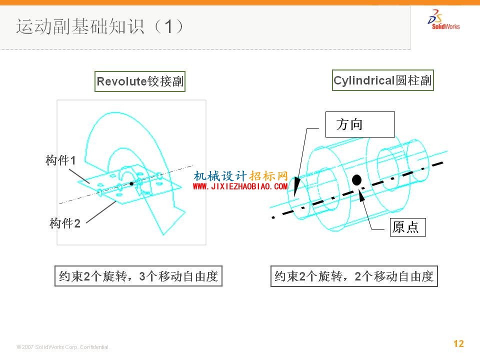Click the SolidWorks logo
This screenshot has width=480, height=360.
click(443, 19)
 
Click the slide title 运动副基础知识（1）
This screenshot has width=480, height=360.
click(100, 26)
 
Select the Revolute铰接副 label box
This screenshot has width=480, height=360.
click(140, 81)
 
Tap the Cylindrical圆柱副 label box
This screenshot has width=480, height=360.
click(382, 80)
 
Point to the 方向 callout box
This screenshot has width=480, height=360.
click(360, 124)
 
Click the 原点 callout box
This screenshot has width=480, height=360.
click(408, 227)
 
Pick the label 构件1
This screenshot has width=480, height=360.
click(60, 160)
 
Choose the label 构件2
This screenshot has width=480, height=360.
click(65, 223)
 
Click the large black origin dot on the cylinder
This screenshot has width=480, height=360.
click(356, 180)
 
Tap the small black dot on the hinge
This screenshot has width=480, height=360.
click(131, 183)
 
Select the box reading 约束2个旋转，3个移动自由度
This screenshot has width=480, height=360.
click(138, 276)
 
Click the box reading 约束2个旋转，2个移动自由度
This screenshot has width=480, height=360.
click(354, 276)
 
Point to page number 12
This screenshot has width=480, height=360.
click(458, 343)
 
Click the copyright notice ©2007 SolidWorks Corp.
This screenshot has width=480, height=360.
click(63, 347)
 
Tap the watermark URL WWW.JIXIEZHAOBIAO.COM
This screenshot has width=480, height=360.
click(240, 186)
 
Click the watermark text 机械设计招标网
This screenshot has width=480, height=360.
click(240, 176)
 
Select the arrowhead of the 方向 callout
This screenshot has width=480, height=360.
click(296, 186)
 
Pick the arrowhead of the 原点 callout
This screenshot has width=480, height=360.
click(361, 196)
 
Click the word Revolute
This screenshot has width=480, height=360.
click(122, 81)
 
